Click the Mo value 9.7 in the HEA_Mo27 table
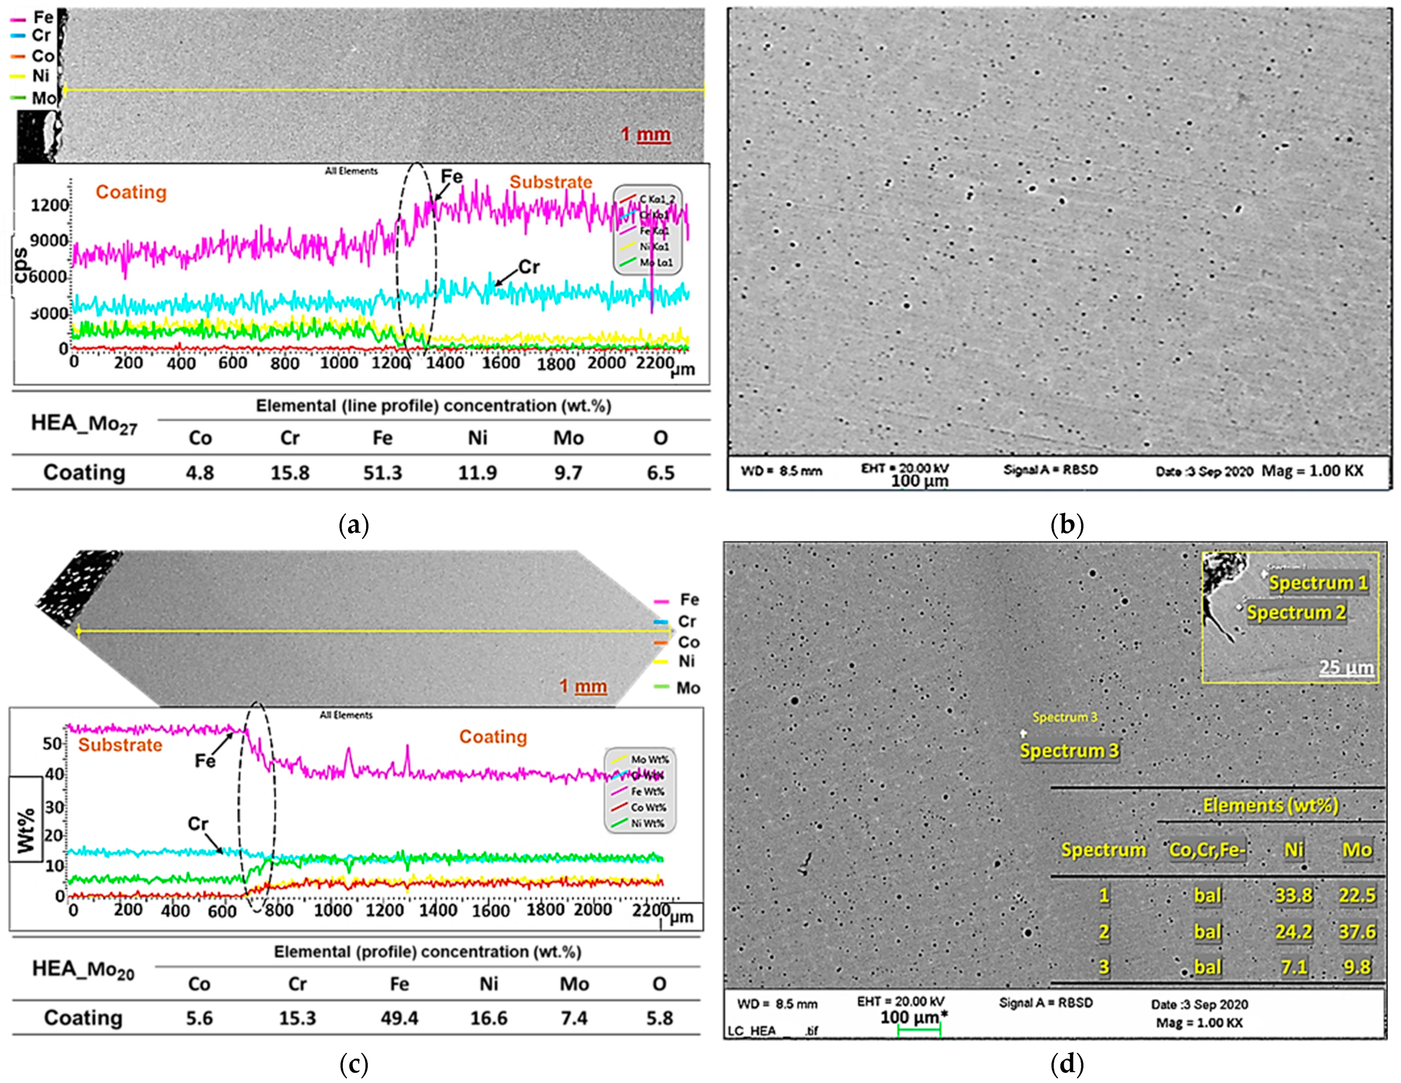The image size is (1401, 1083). [x=568, y=473]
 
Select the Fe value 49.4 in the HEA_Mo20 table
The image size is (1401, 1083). [x=399, y=1018]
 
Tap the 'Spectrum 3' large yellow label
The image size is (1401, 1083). [x=1069, y=751]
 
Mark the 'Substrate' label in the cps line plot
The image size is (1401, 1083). [x=551, y=182]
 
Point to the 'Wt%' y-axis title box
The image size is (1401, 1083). [x=26, y=819]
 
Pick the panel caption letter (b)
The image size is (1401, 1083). [x=1067, y=525]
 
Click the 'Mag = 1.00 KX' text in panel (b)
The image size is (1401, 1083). [x=1312, y=471]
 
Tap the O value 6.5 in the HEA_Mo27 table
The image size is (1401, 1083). [x=660, y=473]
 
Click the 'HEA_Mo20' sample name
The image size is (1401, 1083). [x=83, y=970]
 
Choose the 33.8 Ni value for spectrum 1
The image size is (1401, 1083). [x=1293, y=895]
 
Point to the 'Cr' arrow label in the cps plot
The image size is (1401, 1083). [x=529, y=267]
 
